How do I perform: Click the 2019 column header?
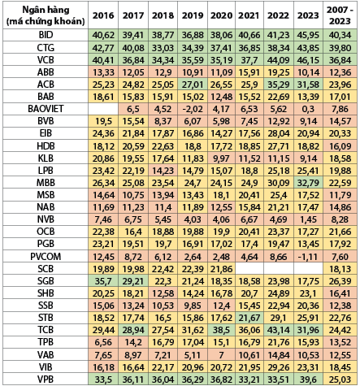click(x=193, y=15)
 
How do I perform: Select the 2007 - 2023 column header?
click(x=340, y=15)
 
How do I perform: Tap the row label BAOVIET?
click(x=46, y=109)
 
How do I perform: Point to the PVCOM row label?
click(x=46, y=256)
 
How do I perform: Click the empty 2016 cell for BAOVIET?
click(x=103, y=109)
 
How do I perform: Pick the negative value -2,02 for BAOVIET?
click(x=193, y=109)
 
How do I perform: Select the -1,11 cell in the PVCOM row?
click(x=308, y=256)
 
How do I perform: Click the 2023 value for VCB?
click(x=308, y=60)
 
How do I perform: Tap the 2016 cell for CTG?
click(x=103, y=48)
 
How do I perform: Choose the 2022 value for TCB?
click(x=279, y=330)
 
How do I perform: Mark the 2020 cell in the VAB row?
click(x=221, y=354)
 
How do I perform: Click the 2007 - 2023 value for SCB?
click(x=340, y=269)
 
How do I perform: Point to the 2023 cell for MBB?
click(x=308, y=183)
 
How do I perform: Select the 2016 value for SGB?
click(x=103, y=281)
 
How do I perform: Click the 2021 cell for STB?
click(x=249, y=318)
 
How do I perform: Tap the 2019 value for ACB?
click(x=193, y=85)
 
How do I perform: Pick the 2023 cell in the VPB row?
click(x=308, y=379)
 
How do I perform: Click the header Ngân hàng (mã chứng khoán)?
click(x=46, y=15)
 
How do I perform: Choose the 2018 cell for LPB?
click(x=163, y=171)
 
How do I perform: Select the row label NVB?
click(x=46, y=219)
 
